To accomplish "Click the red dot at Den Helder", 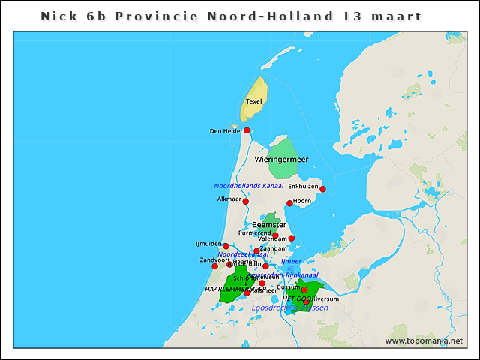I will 247,130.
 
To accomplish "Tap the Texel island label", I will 254,101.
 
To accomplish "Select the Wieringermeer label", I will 281,160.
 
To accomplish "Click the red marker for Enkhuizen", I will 322,189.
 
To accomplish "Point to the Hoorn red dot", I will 289,203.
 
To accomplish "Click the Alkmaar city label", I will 229,199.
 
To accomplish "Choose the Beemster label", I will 268,225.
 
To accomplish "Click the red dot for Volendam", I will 292,238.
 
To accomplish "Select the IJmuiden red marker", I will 226,246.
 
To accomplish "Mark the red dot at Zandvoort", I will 214,266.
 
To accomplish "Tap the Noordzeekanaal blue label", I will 243,254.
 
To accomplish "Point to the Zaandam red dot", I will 256,251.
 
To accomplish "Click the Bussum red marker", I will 304,289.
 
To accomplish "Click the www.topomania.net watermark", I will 424,340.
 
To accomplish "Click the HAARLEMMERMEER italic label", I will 235,289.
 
